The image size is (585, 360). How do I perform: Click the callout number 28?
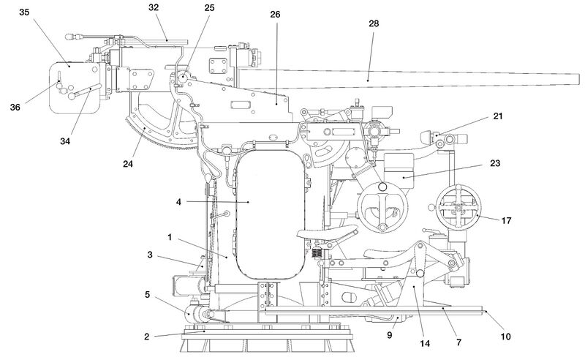(x=374, y=23)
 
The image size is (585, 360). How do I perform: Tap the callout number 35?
(x=24, y=12)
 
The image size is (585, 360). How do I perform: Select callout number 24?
(x=128, y=163)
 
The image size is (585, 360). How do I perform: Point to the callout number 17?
(x=506, y=220)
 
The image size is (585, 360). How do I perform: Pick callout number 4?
(x=178, y=202)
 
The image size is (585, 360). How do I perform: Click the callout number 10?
(x=505, y=337)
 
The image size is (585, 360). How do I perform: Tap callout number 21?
(x=498, y=116)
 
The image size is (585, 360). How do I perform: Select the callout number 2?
(x=147, y=337)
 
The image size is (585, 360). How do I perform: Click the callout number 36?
(x=15, y=107)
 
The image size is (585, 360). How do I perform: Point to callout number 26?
(x=275, y=14)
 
